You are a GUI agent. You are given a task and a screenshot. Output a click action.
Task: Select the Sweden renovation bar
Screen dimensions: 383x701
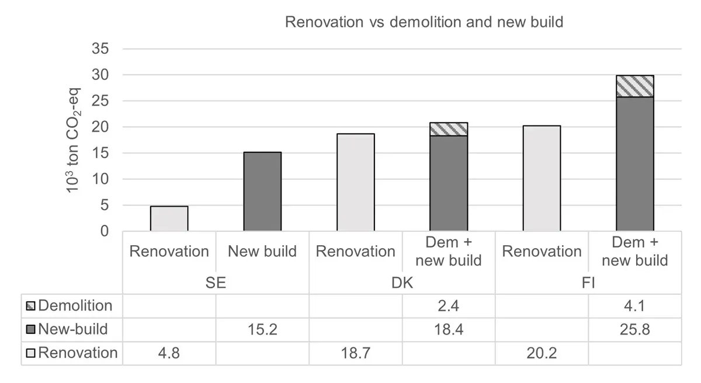169,219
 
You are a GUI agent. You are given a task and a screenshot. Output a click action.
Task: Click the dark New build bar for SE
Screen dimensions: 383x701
262,191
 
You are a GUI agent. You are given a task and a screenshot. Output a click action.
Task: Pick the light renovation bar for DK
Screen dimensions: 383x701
356,182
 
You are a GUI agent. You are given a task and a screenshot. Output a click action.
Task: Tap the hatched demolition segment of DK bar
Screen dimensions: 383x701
449,129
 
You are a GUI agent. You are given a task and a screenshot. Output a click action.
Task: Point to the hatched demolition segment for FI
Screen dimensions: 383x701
635,86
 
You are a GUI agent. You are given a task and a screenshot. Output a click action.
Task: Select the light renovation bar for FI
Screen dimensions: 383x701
542,178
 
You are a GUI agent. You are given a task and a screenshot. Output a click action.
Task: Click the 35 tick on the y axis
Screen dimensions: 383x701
101,49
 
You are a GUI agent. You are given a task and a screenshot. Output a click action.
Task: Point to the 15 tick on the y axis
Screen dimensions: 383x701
101,153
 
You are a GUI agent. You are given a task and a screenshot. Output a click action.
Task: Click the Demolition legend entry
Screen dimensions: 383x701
70,305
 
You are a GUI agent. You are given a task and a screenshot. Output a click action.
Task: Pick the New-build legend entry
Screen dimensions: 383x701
68,329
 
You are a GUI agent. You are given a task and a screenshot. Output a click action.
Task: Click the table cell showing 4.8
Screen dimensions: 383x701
169,353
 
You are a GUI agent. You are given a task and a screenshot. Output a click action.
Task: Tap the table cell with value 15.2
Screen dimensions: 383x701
262,329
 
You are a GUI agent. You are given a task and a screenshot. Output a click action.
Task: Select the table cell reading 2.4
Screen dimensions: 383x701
449,305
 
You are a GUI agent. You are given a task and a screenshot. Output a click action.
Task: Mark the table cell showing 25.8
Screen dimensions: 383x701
635,329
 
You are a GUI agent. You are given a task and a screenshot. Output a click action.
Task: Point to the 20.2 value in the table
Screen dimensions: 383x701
542,353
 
